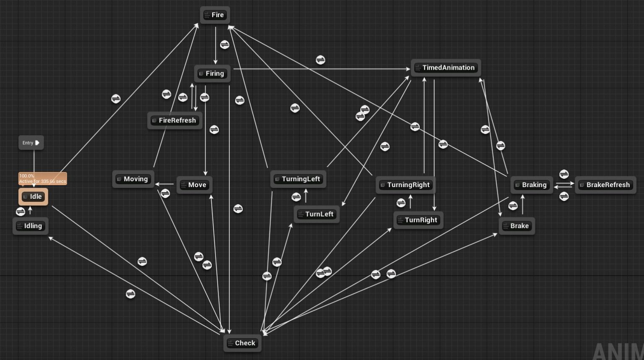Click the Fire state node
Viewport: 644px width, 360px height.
click(x=215, y=15)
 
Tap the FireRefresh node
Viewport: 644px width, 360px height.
click(x=175, y=120)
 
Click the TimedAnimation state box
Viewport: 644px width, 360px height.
click(x=446, y=68)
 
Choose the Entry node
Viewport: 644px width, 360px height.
click(x=31, y=143)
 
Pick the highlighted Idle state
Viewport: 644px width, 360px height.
click(x=33, y=196)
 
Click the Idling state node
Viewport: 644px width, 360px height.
click(x=30, y=226)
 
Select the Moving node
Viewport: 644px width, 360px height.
click(x=133, y=179)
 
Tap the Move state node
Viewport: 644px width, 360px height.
click(x=194, y=185)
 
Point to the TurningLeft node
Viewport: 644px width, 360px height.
click(x=298, y=179)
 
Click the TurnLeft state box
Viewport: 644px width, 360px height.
click(x=317, y=214)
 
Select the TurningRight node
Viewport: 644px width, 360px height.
click(x=406, y=185)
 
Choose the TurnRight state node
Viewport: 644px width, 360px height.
click(x=418, y=220)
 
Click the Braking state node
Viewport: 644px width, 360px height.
click(x=531, y=185)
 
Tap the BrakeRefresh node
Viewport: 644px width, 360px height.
click(x=605, y=185)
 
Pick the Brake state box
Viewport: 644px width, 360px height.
click(x=517, y=226)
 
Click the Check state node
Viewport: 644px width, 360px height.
click(x=242, y=343)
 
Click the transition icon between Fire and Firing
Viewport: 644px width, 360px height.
click(x=225, y=44)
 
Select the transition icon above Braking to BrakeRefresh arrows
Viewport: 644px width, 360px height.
click(x=564, y=174)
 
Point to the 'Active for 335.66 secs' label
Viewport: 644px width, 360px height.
click(x=42, y=181)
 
